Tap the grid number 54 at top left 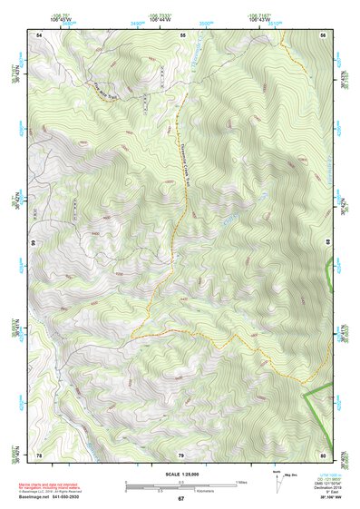pyautogui.click(x=38, y=34)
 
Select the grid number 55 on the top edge pyautogui.click(x=182, y=34)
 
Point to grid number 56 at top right pyautogui.click(x=324, y=34)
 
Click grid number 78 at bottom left pyautogui.click(x=38, y=454)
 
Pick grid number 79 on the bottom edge pyautogui.click(x=180, y=454)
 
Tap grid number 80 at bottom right pyautogui.click(x=324, y=454)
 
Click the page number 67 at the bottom pyautogui.click(x=180, y=499)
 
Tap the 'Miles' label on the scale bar pyautogui.click(x=240, y=482)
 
